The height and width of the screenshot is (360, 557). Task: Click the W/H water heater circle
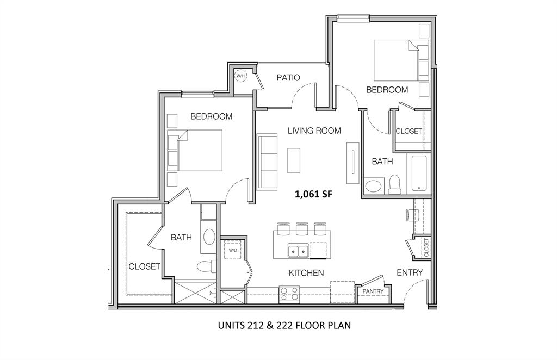coord(240,76)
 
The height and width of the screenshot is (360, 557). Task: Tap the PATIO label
coord(288,78)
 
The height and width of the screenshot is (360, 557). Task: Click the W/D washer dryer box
coord(233,251)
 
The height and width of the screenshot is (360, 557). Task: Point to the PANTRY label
coord(373,291)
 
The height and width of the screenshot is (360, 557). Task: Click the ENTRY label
coord(410,272)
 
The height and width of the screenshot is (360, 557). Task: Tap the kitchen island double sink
coord(298,251)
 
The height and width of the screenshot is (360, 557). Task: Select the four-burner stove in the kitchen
coord(289,294)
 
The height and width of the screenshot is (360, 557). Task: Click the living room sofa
coord(266,162)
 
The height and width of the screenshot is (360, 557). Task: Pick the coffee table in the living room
coord(294,161)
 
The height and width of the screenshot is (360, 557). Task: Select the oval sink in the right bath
coord(373,187)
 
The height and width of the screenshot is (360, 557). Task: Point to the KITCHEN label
coord(306,273)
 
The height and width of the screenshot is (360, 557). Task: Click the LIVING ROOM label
coord(314,131)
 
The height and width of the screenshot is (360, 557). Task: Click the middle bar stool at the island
coord(301,228)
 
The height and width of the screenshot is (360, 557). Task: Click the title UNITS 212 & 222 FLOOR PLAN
coord(283,326)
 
